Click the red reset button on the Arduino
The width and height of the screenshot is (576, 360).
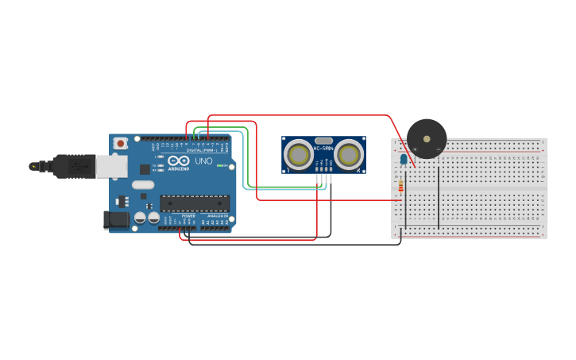(x=121, y=144)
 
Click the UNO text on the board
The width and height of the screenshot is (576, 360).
(x=204, y=161)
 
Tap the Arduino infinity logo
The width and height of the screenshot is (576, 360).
(x=178, y=162)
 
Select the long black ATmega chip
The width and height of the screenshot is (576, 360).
(x=195, y=203)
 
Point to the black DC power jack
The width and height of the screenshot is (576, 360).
(x=116, y=220)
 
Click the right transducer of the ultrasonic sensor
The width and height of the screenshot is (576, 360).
(x=349, y=155)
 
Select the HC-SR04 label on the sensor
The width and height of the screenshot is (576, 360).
(x=324, y=149)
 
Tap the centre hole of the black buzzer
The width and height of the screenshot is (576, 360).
(x=427, y=138)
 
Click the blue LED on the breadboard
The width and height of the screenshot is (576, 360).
(x=404, y=160)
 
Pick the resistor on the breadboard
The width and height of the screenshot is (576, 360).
(x=400, y=187)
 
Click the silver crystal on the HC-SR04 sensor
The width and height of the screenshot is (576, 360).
(x=323, y=141)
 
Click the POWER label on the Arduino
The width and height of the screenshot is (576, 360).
(x=188, y=215)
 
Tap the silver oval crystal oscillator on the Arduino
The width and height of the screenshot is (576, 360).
(x=143, y=184)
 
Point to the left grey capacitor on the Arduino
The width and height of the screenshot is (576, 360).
(x=140, y=217)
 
